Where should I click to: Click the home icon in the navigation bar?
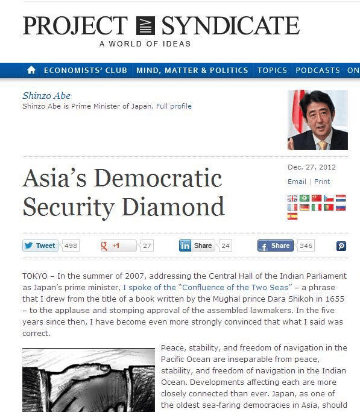click(x=31, y=71)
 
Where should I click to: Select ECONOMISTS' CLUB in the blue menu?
click(x=86, y=71)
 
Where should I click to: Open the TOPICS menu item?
click(x=272, y=71)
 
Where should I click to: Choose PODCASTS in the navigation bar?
click(x=318, y=71)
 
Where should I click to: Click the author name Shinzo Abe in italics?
click(x=46, y=96)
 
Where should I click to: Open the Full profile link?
click(x=174, y=106)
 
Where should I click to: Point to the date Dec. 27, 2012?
click(x=312, y=167)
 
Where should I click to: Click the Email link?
click(x=297, y=182)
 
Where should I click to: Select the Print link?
click(x=322, y=182)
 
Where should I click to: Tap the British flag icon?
click(x=292, y=198)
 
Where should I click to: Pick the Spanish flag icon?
click(x=292, y=216)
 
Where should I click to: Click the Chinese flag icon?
click(x=317, y=198)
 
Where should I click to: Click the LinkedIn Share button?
click(x=197, y=246)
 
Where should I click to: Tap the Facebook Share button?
click(x=275, y=246)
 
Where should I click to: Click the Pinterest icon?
click(x=341, y=246)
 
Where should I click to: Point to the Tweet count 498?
click(x=71, y=246)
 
